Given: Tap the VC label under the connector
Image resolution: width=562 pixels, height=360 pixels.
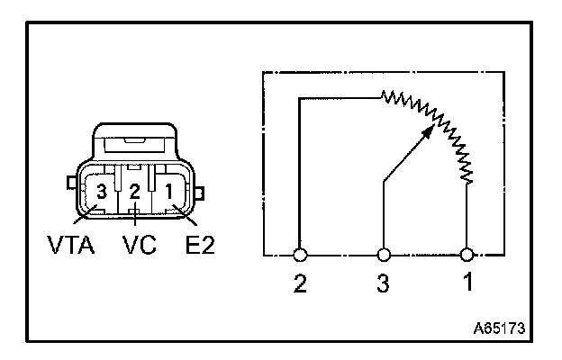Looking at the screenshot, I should [x=135, y=244].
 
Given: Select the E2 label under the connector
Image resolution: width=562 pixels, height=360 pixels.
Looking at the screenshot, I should [x=196, y=244].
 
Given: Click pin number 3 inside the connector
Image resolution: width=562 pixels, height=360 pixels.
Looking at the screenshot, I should [x=102, y=192].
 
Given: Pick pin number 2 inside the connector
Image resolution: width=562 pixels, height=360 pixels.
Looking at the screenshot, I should [x=134, y=192].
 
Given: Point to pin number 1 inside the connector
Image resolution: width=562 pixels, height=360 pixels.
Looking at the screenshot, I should [x=168, y=191].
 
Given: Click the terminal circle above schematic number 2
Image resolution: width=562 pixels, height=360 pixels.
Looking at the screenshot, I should [x=300, y=255].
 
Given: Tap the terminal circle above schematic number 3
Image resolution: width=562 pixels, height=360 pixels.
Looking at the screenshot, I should [x=385, y=255].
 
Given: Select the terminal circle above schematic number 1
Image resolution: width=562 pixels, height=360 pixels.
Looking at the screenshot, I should [x=467, y=255].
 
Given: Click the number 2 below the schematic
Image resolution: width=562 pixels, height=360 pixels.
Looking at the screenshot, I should [x=300, y=284].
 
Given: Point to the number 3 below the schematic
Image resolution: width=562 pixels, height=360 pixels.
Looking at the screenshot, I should [x=385, y=284].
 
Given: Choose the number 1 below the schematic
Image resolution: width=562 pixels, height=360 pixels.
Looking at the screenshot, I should [x=467, y=284].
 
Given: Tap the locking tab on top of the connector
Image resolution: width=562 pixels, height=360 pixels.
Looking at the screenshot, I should [x=135, y=141].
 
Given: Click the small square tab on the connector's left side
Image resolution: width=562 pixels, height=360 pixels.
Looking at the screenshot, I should [x=71, y=184].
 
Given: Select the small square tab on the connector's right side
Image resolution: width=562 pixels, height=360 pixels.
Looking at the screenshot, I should [x=201, y=192].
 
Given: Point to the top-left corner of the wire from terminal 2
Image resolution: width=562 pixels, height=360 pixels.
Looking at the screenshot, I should [x=300, y=98].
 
